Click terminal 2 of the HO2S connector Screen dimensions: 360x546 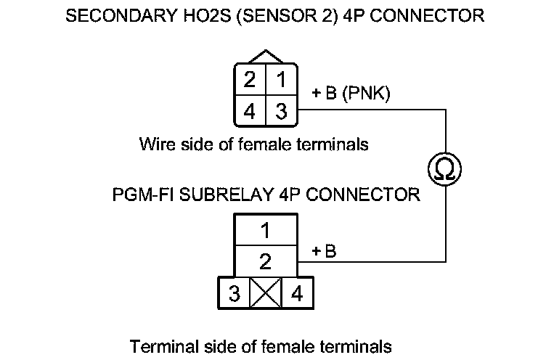coord(250,80)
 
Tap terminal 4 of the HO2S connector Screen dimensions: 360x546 coord(250,112)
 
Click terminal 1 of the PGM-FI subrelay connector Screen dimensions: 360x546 coord(265,232)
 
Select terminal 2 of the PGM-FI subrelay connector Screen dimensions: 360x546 coord(265,261)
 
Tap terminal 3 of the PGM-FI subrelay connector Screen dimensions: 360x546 coord(234,295)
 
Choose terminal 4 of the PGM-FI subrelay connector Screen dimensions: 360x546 coord(296,295)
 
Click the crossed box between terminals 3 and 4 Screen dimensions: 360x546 coord(265,295)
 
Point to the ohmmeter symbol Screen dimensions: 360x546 coord(444,169)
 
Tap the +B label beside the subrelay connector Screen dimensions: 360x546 coord(325,252)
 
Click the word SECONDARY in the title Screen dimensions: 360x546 coord(108,16)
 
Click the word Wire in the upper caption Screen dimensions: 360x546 coord(155,144)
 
